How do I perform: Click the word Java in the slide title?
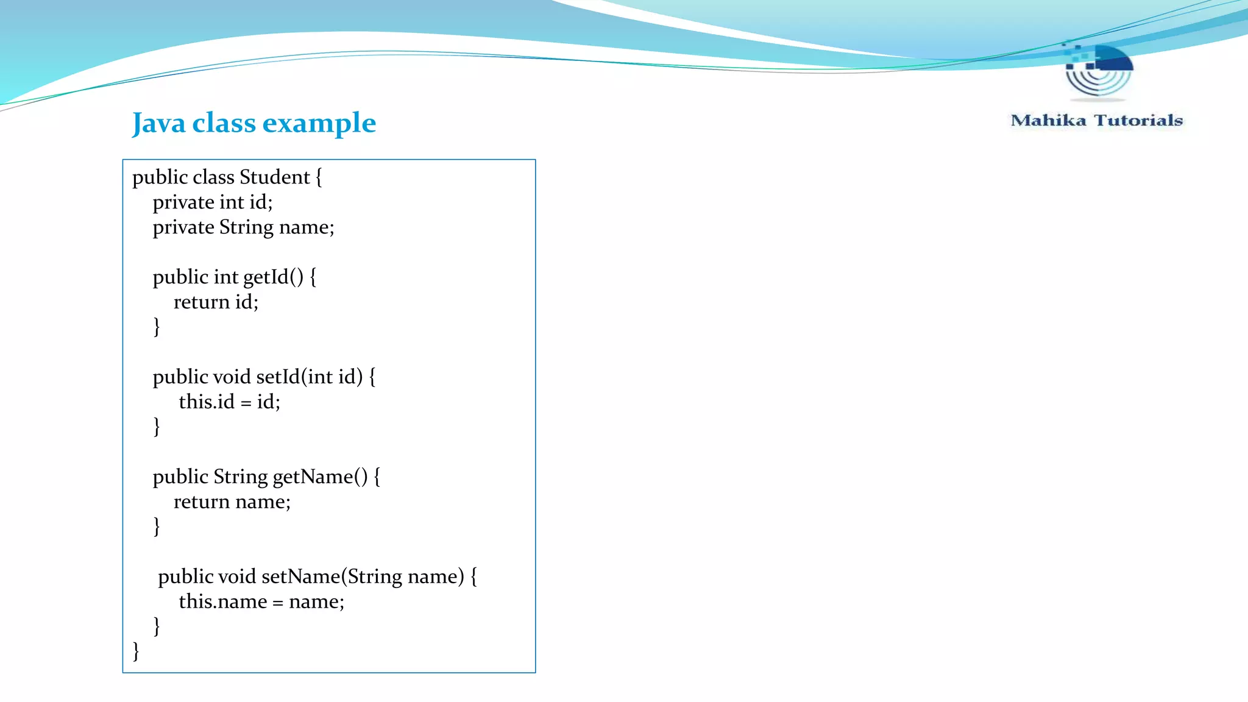[158, 123]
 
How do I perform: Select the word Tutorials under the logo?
[1138, 121]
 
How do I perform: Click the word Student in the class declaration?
[274, 177]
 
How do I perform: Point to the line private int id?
[213, 202]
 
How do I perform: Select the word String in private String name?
[246, 227]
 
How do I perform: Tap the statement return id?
[216, 302]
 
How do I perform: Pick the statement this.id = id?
[229, 402]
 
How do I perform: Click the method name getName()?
[320, 477]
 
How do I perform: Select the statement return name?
[232, 502]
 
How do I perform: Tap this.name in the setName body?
[222, 602]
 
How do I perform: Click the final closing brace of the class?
[136, 651]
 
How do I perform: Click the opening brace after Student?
[319, 177]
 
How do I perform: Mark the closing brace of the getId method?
[157, 327]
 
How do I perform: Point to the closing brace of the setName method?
[157, 626]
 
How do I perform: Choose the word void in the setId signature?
[232, 377]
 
